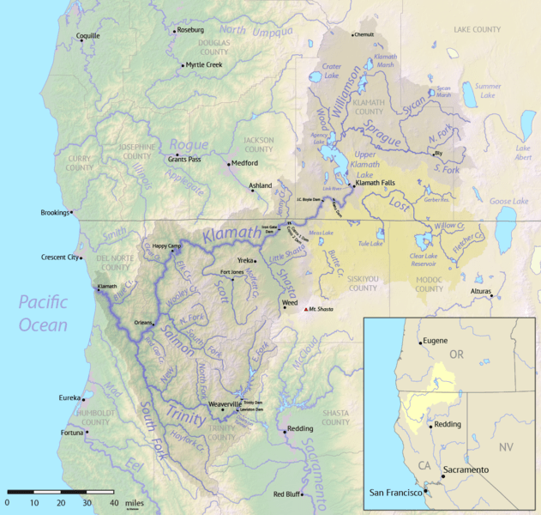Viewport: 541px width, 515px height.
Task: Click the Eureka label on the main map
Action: [x=69, y=398]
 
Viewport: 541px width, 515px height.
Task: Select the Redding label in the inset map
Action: [x=449, y=424]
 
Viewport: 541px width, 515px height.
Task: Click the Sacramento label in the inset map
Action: [x=466, y=470]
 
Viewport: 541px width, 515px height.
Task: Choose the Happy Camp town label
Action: [x=168, y=245]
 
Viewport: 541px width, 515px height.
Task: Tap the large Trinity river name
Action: [x=187, y=417]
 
